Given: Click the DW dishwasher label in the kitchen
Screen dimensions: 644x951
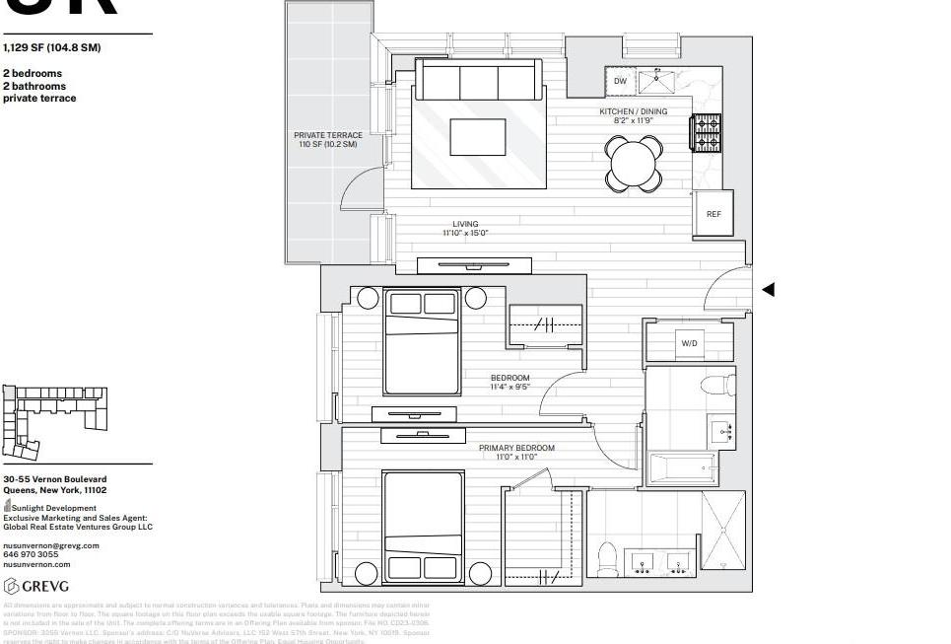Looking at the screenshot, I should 620,82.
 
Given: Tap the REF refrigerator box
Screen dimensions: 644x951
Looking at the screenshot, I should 713,214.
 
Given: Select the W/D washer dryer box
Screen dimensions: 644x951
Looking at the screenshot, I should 689,343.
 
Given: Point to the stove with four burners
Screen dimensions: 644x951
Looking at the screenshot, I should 707,133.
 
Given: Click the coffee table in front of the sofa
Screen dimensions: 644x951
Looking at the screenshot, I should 478,137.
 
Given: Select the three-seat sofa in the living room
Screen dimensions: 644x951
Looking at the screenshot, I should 478,79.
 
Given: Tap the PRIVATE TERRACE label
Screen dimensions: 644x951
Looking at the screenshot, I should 328,140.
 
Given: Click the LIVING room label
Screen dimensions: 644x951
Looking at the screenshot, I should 465,229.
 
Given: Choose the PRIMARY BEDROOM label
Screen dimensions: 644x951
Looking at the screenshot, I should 516,452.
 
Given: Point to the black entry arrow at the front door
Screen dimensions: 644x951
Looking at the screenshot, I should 769,289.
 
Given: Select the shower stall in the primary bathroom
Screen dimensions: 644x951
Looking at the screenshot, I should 722,531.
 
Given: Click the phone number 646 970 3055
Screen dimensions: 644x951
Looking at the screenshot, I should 31,554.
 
